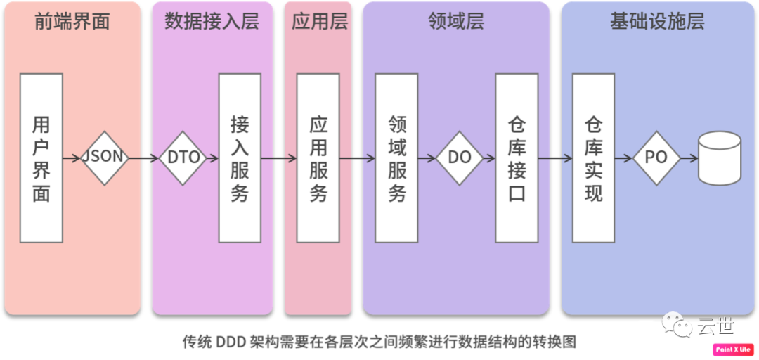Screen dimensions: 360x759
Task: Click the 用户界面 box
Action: pos(41,158)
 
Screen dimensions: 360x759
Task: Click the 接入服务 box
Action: pos(240,158)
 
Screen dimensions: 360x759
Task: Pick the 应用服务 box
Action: pos(318,158)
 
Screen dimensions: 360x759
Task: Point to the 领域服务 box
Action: pos(397,158)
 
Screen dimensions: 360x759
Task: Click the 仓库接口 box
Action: pos(517,158)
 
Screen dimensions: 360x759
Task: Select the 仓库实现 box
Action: pos(594,158)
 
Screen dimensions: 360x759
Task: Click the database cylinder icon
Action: pos(719,158)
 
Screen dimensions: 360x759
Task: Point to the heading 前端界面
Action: pos(72,22)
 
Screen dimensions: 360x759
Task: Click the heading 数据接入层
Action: pos(212,22)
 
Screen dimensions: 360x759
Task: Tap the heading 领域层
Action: pos(456,22)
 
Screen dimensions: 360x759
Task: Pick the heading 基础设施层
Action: pos(657,22)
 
